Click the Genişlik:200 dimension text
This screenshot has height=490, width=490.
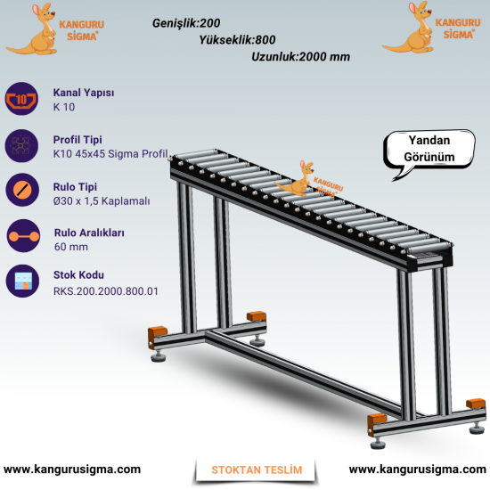(x=186, y=23)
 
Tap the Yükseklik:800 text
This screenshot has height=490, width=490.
(x=238, y=40)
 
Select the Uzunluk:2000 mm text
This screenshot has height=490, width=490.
(x=300, y=56)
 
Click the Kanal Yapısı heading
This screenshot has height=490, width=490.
(x=84, y=93)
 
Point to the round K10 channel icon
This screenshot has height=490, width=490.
(x=21, y=99)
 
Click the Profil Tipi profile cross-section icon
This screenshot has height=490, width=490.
(x=21, y=146)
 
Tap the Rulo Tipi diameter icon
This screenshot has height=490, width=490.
(x=22, y=190)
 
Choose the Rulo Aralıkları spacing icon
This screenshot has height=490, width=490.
(x=23, y=236)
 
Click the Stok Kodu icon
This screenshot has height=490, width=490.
(x=22, y=281)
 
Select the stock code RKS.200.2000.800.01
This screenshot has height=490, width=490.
(x=106, y=291)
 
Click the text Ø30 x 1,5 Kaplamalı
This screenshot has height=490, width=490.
(x=102, y=201)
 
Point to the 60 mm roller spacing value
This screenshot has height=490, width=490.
(x=71, y=247)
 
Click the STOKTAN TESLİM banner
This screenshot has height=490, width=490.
(x=257, y=470)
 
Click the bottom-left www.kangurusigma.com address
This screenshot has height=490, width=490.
(x=72, y=470)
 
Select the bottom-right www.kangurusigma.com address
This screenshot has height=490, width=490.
(x=418, y=470)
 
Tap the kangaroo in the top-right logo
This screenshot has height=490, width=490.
(x=409, y=28)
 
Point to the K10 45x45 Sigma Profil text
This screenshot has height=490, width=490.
(x=110, y=154)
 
